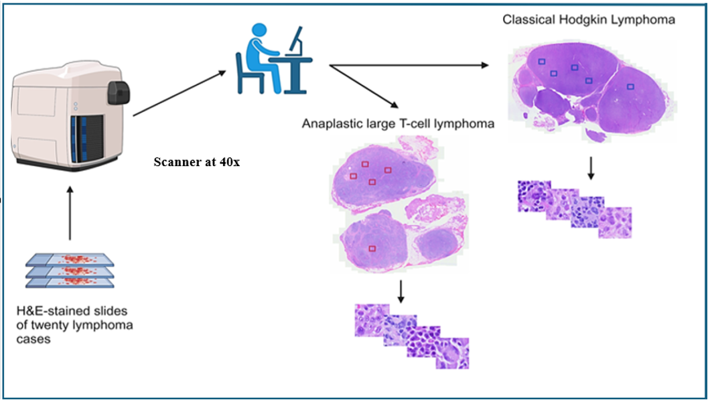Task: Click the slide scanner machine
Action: pyautogui.click(x=70, y=115)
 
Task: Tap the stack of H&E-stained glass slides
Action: pyautogui.click(x=70, y=271)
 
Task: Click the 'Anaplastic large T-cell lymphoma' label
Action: pyautogui.click(x=398, y=123)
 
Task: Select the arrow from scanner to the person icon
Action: pyautogui.click(x=180, y=93)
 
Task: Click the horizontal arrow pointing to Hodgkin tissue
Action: pyautogui.click(x=409, y=66)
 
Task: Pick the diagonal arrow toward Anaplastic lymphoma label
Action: pyautogui.click(x=364, y=86)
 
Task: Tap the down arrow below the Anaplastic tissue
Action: pyautogui.click(x=401, y=291)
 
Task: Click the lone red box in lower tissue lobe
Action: pyautogui.click(x=372, y=249)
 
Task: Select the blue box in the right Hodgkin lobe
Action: pyautogui.click(x=631, y=86)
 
